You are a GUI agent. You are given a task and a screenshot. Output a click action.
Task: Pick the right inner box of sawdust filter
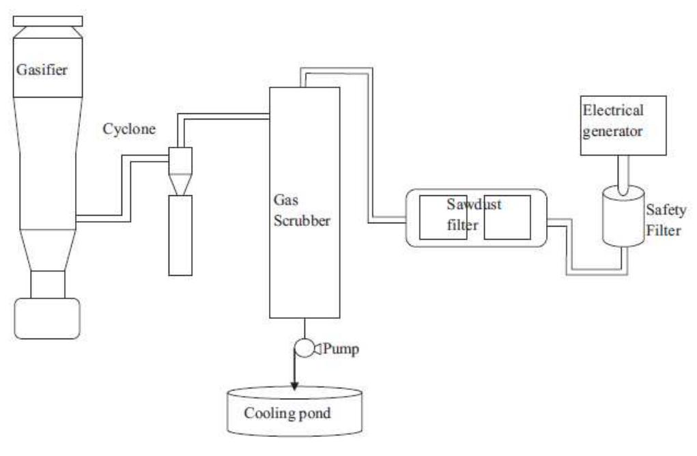[507, 217]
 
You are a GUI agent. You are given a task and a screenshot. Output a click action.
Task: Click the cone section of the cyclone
[180, 182]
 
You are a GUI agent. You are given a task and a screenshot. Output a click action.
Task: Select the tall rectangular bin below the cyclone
[180, 235]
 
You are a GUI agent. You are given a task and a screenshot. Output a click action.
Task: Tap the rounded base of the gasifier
[48, 318]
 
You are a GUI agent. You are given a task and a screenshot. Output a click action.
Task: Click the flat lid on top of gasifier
[48, 21]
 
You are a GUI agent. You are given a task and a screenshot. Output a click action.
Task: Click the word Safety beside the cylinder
[666, 211]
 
